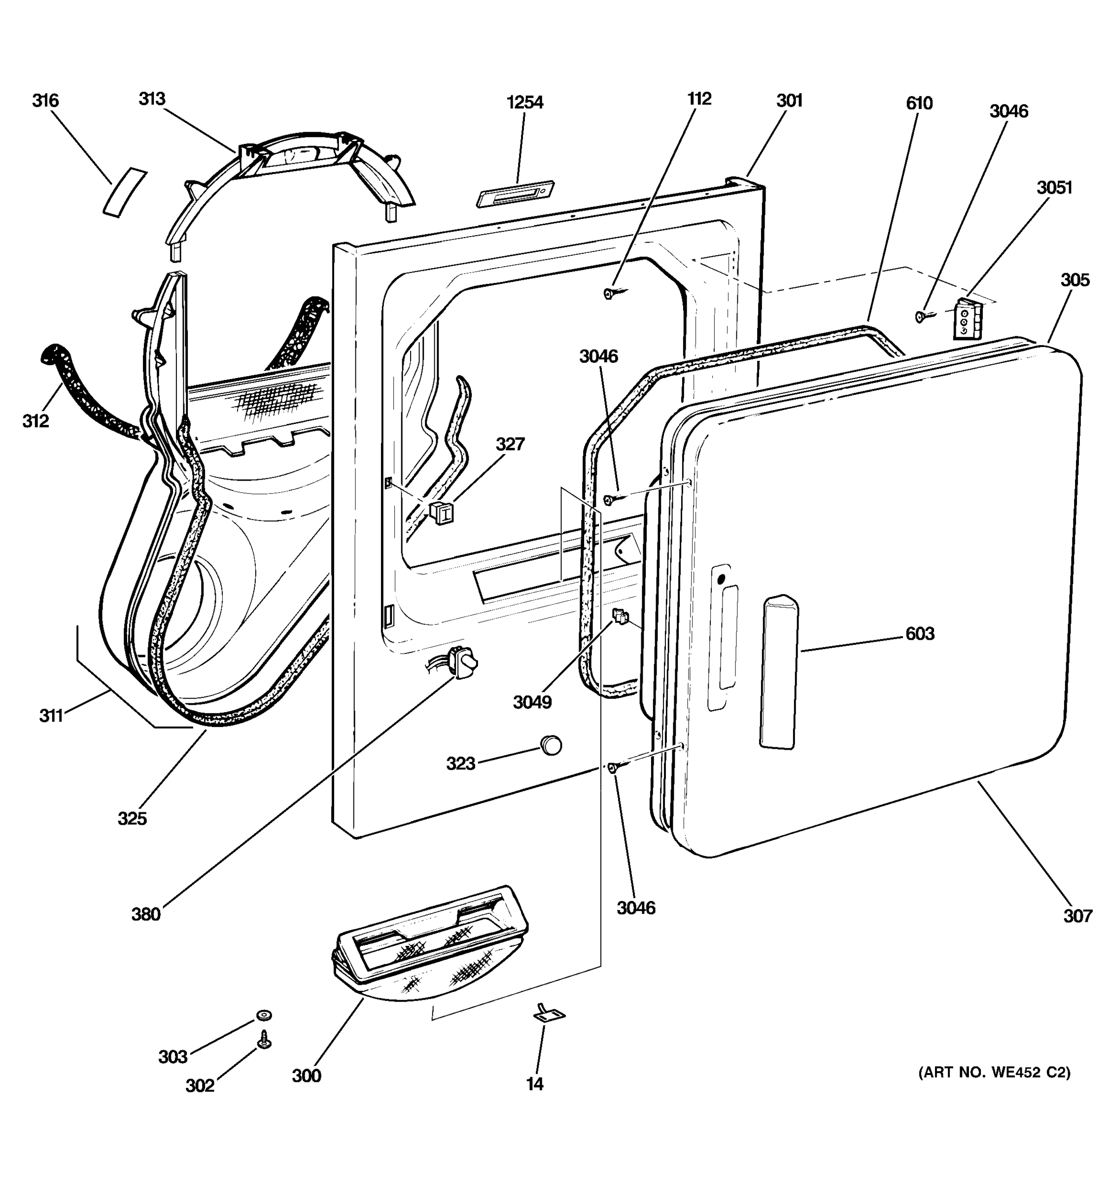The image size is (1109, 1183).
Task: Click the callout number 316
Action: [x=45, y=101]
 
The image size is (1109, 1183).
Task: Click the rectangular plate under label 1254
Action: [x=515, y=194]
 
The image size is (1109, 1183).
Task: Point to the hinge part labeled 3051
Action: [x=968, y=319]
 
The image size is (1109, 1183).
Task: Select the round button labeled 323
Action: [x=551, y=744]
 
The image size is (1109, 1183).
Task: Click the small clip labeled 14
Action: [x=549, y=1013]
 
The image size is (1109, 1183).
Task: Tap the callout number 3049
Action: [x=532, y=702]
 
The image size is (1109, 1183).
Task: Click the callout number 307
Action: [x=1077, y=916]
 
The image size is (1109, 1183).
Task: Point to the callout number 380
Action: [x=146, y=914]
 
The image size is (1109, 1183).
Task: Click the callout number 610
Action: [x=919, y=104]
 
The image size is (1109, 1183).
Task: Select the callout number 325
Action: [x=132, y=818]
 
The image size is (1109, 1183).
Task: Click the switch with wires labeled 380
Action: [x=464, y=661]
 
